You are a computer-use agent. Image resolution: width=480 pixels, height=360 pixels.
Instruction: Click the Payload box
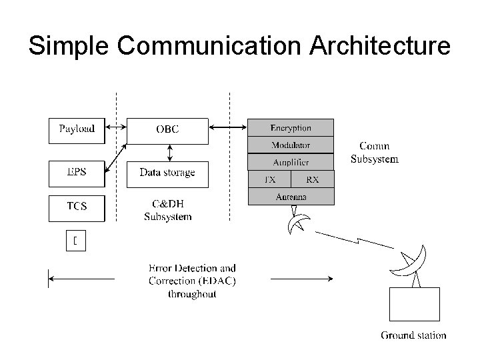point(77,130)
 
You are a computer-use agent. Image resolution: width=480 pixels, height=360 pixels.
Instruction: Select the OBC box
point(167,130)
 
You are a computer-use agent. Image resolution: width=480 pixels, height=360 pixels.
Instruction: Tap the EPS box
point(77,173)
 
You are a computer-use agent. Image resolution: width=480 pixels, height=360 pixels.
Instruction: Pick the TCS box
point(77,207)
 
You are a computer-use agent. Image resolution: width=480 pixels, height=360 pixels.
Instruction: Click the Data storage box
point(167,173)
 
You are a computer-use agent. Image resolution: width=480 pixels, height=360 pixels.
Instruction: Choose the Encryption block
point(291,128)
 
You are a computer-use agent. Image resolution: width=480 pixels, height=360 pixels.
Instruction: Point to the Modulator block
point(291,145)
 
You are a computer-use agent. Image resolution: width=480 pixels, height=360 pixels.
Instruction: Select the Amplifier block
point(291,162)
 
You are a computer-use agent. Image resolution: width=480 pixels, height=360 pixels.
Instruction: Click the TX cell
point(269,179)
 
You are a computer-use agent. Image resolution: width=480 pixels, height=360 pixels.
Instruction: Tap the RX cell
point(312,179)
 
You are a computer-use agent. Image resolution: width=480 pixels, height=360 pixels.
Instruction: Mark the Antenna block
point(291,197)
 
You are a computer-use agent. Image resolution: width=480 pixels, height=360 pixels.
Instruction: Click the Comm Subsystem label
point(375,153)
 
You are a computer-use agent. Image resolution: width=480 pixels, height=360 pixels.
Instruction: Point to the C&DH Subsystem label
point(167,210)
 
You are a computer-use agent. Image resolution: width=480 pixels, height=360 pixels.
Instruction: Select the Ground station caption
point(413,335)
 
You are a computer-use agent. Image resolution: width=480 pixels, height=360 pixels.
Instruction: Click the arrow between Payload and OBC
point(116,127)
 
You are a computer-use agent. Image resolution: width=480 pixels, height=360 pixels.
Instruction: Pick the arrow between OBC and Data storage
point(170,153)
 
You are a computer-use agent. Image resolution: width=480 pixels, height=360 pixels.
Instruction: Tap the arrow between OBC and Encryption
point(227,127)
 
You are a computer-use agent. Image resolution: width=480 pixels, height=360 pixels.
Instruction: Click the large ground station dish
point(409,261)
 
